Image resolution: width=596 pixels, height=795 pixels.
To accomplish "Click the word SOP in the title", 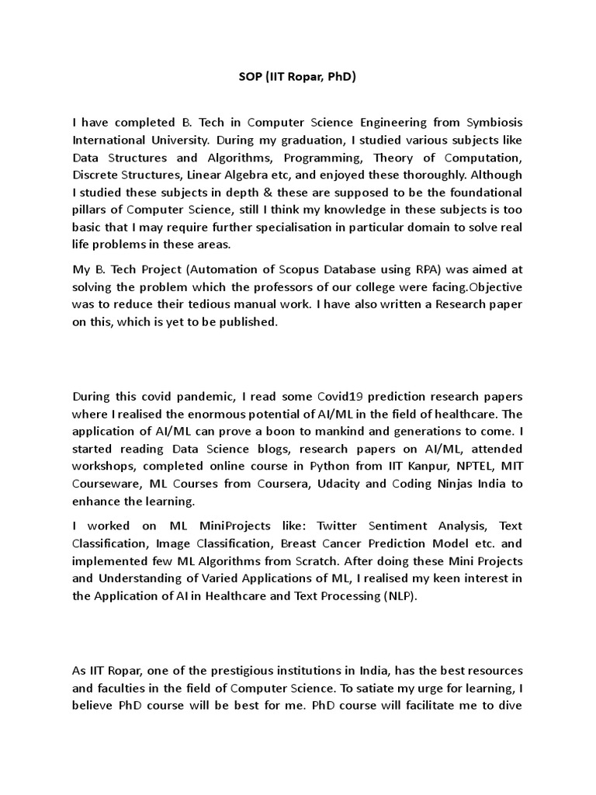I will coord(250,78).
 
